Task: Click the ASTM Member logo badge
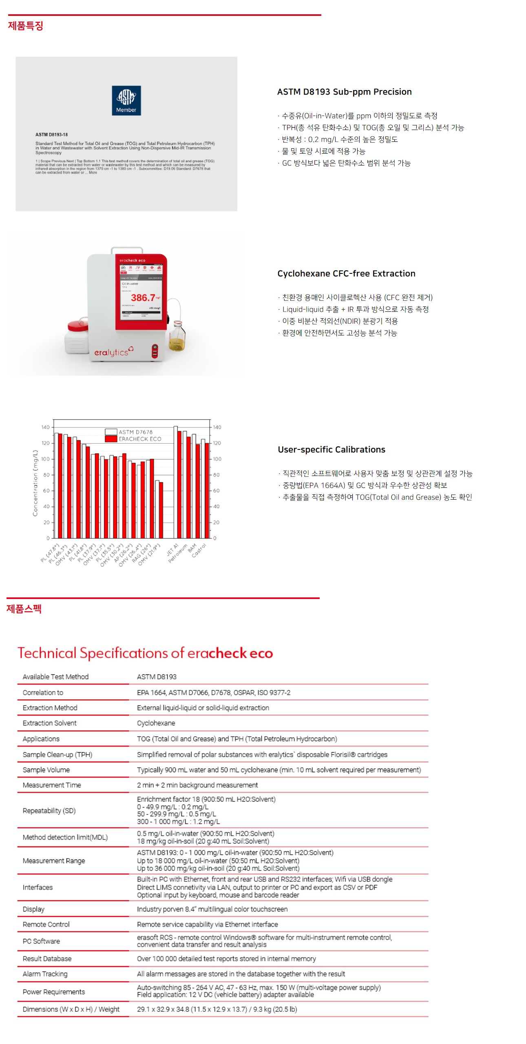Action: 126,100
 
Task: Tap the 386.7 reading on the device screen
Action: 143,298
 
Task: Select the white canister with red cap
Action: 77,338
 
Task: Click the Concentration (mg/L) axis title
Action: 35,483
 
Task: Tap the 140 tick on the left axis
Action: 45,427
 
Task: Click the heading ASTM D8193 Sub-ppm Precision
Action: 344,92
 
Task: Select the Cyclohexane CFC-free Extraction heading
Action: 346,273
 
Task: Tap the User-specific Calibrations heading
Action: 331,449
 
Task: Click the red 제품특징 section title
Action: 26,26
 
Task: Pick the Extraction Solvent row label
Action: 49,723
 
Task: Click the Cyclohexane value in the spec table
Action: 156,723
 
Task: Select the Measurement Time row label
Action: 52,785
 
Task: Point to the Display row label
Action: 33,909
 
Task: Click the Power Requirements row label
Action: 54,992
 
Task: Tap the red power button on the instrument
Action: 155,350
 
